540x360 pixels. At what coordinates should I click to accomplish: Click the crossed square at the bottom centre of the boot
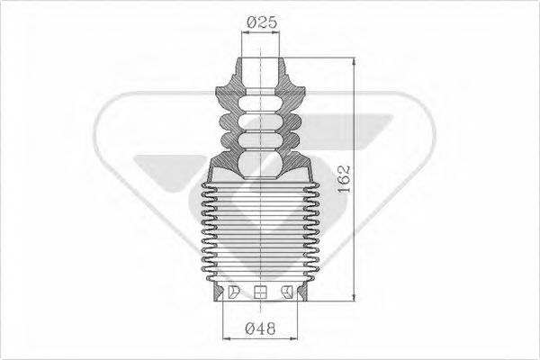261,291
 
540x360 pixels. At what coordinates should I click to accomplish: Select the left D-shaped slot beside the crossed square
232,291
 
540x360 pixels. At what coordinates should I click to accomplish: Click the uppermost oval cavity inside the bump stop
261,101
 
